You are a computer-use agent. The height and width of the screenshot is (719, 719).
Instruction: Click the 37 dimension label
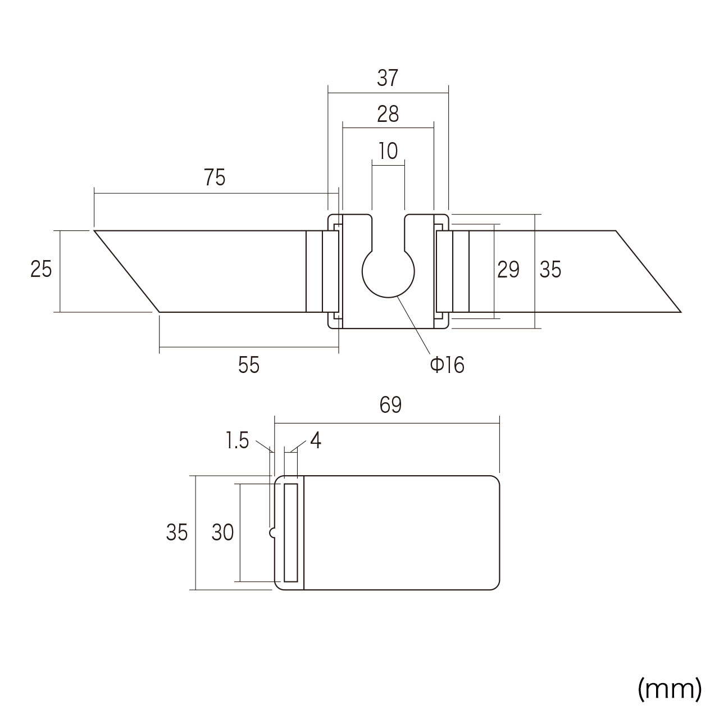coord(388,78)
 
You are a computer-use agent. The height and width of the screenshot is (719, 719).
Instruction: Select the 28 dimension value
coord(388,114)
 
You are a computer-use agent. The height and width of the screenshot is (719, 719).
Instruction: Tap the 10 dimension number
coord(388,151)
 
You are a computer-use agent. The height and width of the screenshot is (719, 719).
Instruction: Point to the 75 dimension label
coord(215,178)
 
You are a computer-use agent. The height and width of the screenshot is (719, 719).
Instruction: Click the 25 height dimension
coord(41,269)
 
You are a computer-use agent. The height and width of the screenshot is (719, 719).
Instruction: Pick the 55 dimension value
coord(248,365)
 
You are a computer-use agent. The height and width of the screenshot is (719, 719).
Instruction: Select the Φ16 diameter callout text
coord(447,365)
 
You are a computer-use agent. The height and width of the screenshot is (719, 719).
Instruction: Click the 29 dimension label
coord(508,270)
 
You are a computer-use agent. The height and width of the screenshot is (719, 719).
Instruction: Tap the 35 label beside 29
coord(550,270)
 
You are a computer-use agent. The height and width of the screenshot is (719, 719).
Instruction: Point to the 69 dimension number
coord(390,405)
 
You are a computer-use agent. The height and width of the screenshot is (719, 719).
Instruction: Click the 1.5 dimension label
coord(237,440)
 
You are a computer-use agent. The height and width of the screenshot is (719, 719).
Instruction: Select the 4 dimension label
coord(316,440)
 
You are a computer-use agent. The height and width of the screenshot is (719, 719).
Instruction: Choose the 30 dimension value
coord(223,533)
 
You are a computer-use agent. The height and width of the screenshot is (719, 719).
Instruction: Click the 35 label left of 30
coord(177,533)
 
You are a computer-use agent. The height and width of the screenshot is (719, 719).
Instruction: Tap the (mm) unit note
coord(670,689)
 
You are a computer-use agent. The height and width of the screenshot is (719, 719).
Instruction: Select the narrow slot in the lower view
coord(291,533)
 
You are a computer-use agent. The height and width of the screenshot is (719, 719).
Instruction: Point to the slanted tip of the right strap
coord(648,271)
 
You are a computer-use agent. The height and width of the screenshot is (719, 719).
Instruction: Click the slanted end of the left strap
coord(127,271)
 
